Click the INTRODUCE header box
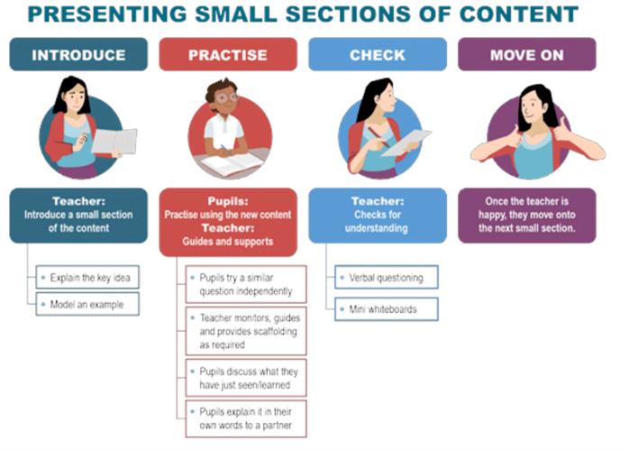tap(78, 55)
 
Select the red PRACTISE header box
tap(227, 55)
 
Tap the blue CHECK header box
tap(377, 55)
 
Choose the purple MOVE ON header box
tap(526, 55)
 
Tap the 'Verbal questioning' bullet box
tap(386, 278)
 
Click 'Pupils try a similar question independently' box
tap(246, 284)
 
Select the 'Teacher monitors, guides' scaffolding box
tap(246, 331)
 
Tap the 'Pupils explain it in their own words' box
tap(246, 418)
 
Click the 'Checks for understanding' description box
tap(377, 215)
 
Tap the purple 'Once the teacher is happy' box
tap(526, 215)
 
